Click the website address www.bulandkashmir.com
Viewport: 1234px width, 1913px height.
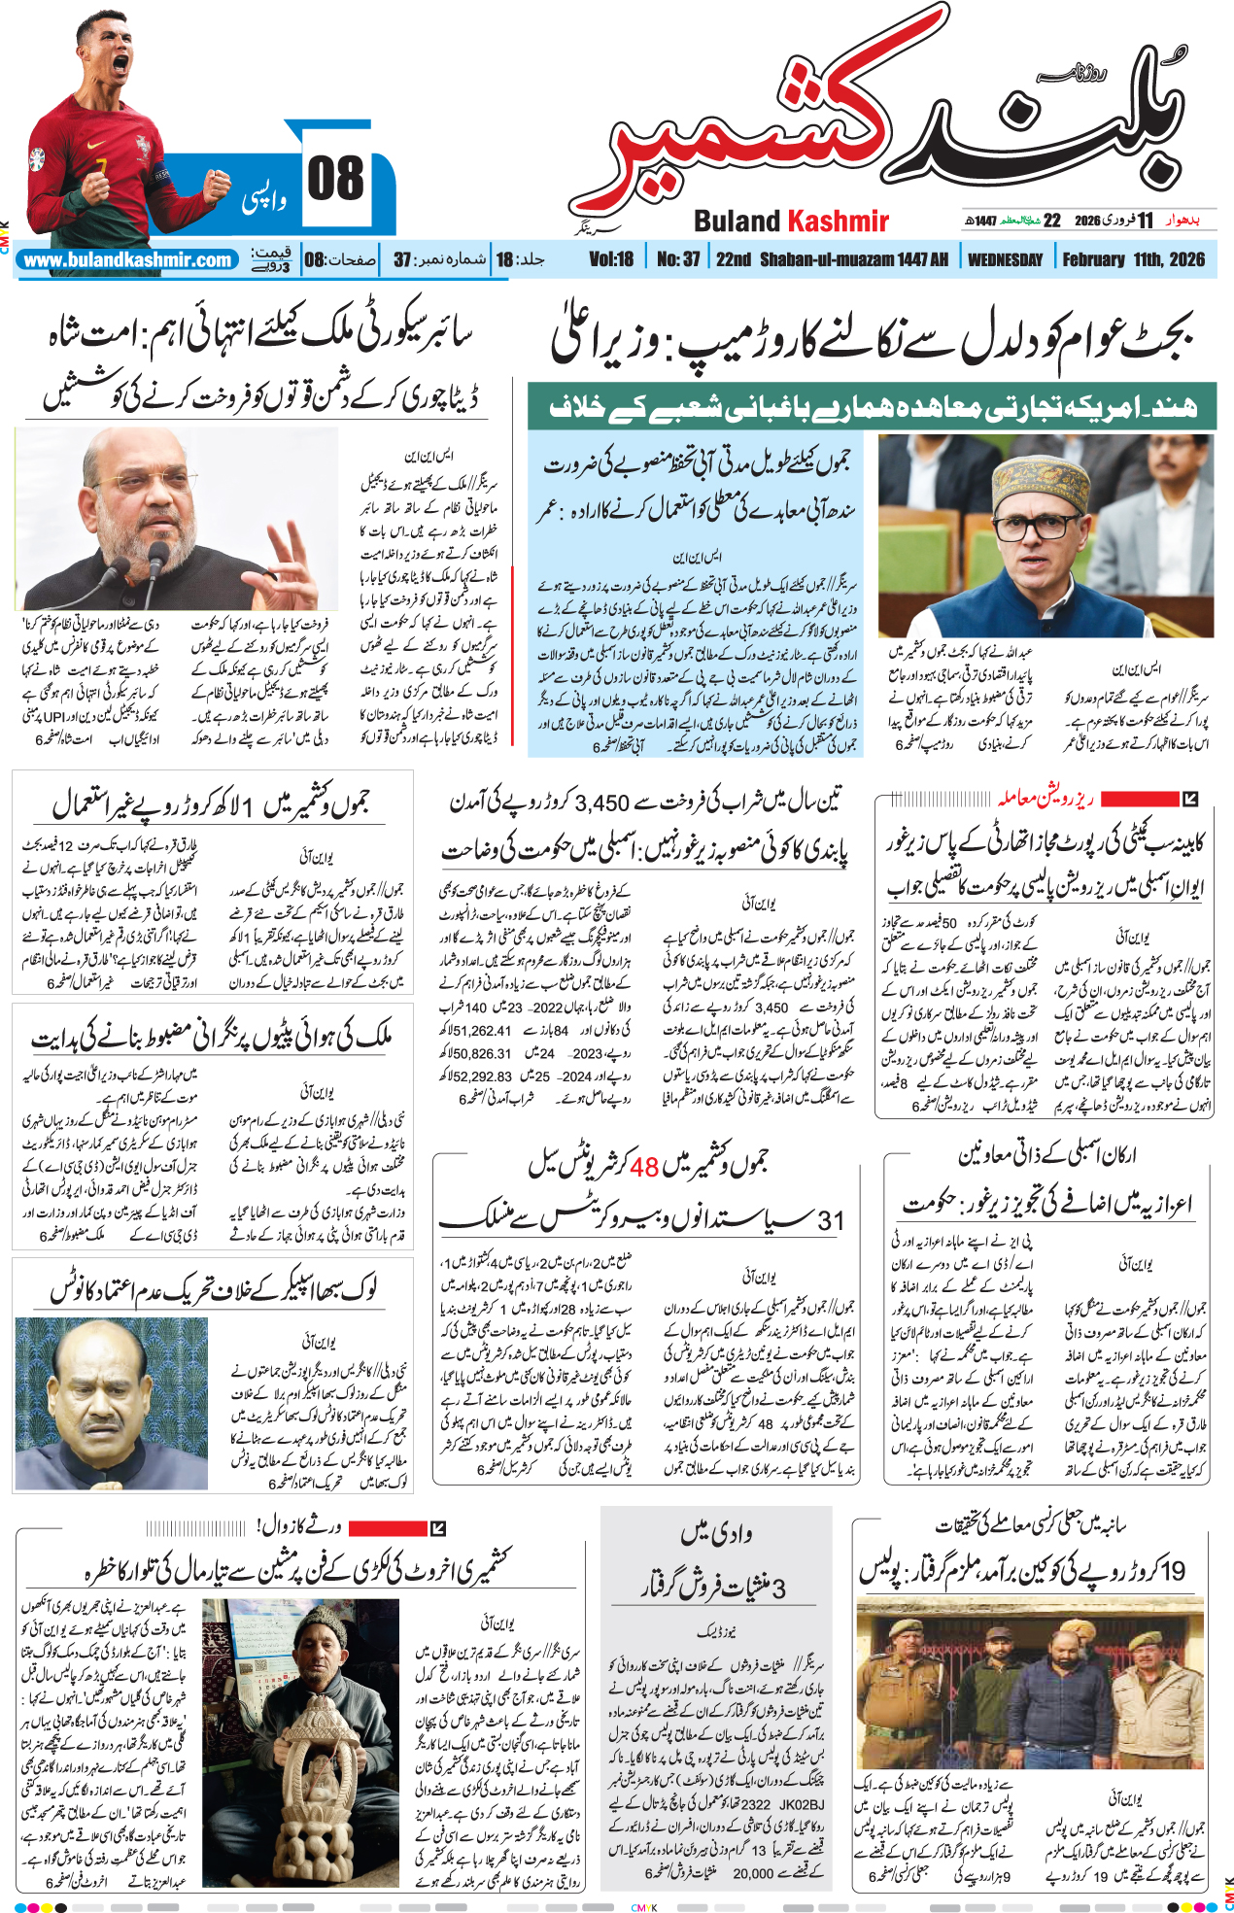click(x=127, y=260)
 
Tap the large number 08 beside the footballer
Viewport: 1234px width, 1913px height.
click(x=335, y=181)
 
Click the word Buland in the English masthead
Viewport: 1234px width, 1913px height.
click(x=737, y=222)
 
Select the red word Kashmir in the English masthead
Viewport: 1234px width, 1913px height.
click(x=838, y=222)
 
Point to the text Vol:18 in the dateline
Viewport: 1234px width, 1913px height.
click(x=611, y=259)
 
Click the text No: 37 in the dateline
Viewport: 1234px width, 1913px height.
click(x=678, y=259)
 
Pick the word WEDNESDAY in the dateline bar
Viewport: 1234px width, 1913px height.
click(x=1005, y=259)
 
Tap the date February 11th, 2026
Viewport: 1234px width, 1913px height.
click(x=1133, y=259)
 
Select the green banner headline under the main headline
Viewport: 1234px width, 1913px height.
click(x=872, y=408)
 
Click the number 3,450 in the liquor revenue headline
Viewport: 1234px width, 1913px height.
click(x=602, y=803)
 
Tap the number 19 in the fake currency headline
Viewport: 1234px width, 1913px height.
click(x=1173, y=1570)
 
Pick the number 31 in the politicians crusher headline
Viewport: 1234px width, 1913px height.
click(x=831, y=1220)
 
